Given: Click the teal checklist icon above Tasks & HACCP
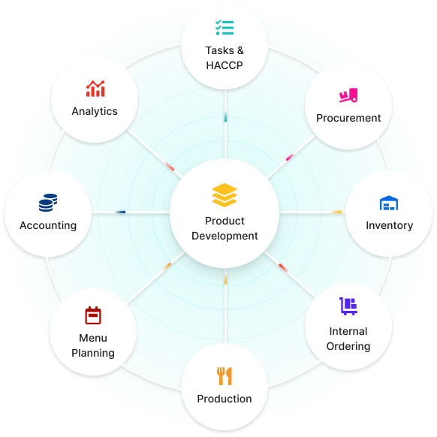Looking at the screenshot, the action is click(225, 28).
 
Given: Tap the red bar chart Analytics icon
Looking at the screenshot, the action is click(95, 89).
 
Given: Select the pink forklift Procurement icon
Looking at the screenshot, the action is click(348, 95).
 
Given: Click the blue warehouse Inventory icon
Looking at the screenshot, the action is click(389, 203).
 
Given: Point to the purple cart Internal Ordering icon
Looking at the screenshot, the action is click(348, 306).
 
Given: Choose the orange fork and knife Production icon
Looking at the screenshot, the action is click(225, 376).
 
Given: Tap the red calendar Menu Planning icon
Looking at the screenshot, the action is click(93, 315).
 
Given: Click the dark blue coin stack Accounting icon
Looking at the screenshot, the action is click(48, 203).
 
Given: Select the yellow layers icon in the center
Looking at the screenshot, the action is click(225, 195).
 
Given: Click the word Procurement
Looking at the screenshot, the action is click(348, 118).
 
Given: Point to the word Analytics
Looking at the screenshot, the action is click(95, 111).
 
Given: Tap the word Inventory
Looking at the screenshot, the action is click(390, 225).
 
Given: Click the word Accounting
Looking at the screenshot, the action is click(48, 225).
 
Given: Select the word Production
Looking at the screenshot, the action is click(225, 399).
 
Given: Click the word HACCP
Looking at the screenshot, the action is click(225, 65).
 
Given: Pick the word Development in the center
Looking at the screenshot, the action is click(225, 236).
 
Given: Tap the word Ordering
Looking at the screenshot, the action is click(348, 346).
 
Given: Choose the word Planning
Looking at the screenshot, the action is click(93, 353).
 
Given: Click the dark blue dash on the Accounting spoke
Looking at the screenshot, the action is click(121, 212).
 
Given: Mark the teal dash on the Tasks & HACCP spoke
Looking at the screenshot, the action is click(225, 118).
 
